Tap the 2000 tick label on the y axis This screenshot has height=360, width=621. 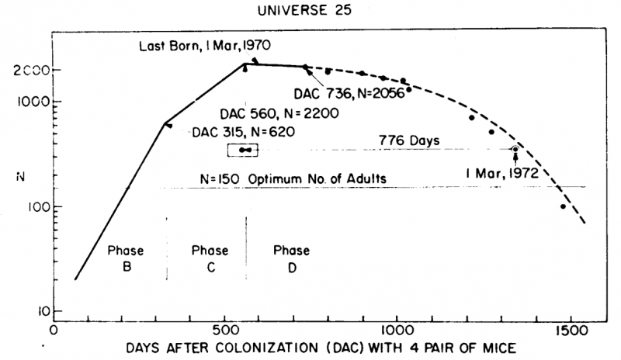pyautogui.click(x=29, y=70)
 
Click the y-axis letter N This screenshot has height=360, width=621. pyautogui.click(x=20, y=178)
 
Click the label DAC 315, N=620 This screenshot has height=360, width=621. pyautogui.click(x=243, y=132)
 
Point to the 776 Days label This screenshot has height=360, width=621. pyautogui.click(x=410, y=140)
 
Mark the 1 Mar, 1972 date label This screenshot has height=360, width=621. pyautogui.click(x=502, y=172)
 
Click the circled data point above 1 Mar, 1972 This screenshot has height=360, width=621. pyautogui.click(x=515, y=149)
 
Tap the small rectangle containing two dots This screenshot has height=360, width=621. pyautogui.click(x=243, y=150)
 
